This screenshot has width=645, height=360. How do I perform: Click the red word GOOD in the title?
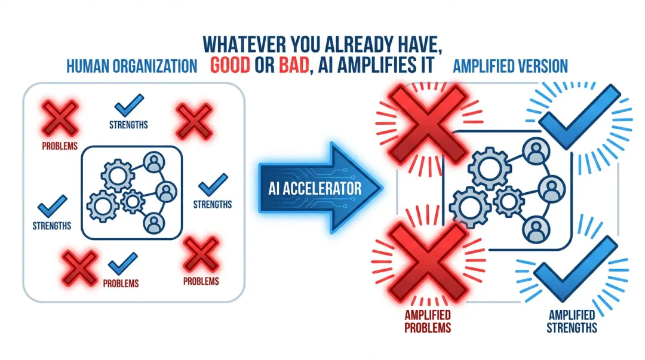click(231, 65)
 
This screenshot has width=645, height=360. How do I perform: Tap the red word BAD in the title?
click(291, 65)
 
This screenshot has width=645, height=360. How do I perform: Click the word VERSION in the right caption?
click(541, 66)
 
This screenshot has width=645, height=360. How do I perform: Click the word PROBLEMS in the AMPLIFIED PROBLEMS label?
click(427, 328)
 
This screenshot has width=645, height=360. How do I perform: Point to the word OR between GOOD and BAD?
click(262, 65)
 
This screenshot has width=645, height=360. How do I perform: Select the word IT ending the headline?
click(423, 65)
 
